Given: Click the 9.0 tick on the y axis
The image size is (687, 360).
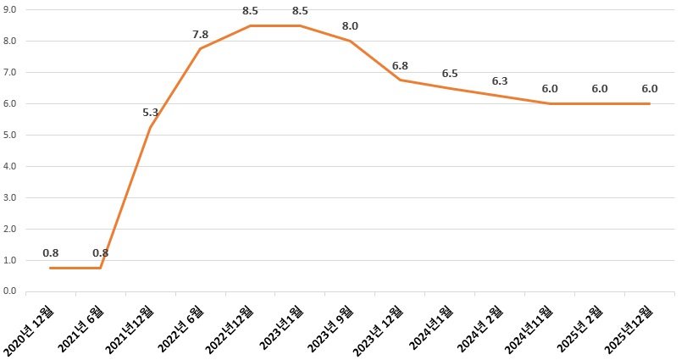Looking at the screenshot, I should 11,9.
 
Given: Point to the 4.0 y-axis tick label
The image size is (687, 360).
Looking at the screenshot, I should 11,166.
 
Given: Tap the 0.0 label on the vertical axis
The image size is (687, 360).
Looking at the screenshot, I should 11,291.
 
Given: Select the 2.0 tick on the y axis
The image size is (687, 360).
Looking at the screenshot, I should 11,229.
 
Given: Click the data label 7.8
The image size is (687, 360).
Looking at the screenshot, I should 201,34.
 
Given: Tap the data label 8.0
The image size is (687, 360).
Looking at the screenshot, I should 350,26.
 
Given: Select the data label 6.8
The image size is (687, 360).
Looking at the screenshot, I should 400,65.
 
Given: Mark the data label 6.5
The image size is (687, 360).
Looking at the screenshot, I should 450,75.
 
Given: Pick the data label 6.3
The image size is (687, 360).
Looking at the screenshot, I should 500,81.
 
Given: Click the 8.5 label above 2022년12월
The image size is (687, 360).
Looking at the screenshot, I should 251,11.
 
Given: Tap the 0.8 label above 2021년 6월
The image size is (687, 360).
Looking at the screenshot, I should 101,252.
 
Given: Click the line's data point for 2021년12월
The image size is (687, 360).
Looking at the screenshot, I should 151,127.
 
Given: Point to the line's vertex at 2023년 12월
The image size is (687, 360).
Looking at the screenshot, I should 400,80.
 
